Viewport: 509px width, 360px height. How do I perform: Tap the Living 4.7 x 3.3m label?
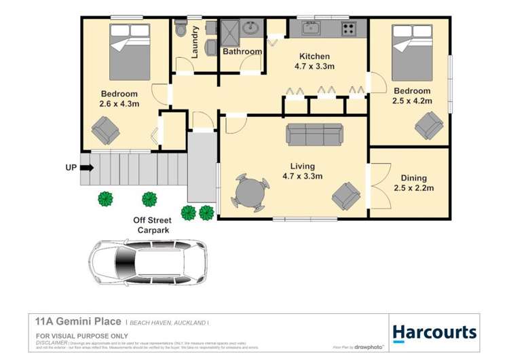pos(302,171)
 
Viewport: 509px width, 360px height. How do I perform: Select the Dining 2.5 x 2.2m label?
pos(412,183)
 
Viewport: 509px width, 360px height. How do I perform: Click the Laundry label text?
pos(195,41)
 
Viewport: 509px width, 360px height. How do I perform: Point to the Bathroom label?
pos(242,52)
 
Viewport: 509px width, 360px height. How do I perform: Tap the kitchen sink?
pos(312,28)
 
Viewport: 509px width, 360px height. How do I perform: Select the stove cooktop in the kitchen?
pos(348,29)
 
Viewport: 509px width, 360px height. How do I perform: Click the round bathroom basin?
pos(252,29)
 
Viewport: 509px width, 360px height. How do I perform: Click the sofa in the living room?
pos(315,134)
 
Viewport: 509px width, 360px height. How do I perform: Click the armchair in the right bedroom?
pos(429,124)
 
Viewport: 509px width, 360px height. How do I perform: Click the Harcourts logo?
pos(434,333)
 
